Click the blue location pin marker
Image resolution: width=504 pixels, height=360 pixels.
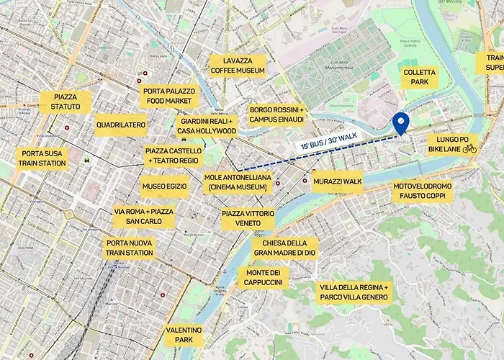pos(400,124)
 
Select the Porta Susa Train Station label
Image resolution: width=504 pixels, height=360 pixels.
pos(43,158)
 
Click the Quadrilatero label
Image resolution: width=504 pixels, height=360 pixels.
pos(120,125)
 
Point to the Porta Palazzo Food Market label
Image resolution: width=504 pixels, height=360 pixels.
pos(167,96)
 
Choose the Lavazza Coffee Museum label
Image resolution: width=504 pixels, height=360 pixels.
pos(238,66)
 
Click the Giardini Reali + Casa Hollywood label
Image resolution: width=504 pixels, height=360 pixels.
pos(207,126)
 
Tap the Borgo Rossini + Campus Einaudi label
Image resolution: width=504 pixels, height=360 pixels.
pos(277,115)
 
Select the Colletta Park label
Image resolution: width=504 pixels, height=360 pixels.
pos(419,77)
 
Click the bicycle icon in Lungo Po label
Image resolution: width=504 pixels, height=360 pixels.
pos(469,148)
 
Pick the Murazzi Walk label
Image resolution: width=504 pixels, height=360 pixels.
pos(337,181)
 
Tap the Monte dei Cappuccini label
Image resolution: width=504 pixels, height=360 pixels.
pos(264,278)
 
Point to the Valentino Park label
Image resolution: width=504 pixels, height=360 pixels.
pos(184,335)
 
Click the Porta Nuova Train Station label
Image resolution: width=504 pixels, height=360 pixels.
pos(130,248)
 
